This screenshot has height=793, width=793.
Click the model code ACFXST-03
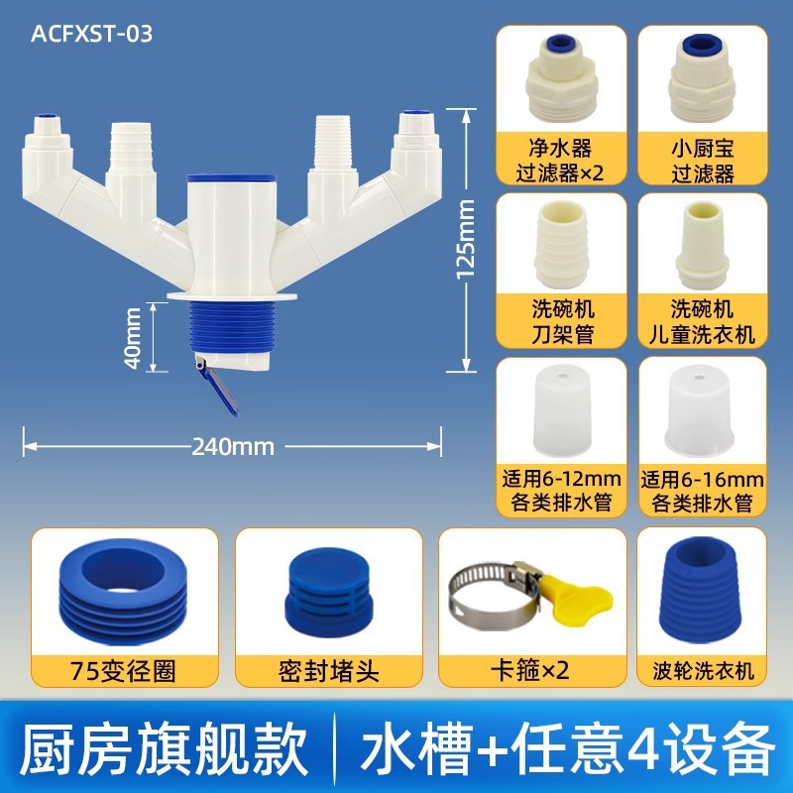coord(91,34)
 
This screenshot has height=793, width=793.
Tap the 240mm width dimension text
coord(233,447)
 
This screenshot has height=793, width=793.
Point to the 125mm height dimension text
coord(465,239)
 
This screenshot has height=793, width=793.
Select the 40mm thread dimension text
coord(132,338)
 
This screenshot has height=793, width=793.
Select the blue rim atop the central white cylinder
coord(232,178)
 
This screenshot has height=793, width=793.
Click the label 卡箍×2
coord(530,671)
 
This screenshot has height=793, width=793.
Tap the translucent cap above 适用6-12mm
coord(561,408)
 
